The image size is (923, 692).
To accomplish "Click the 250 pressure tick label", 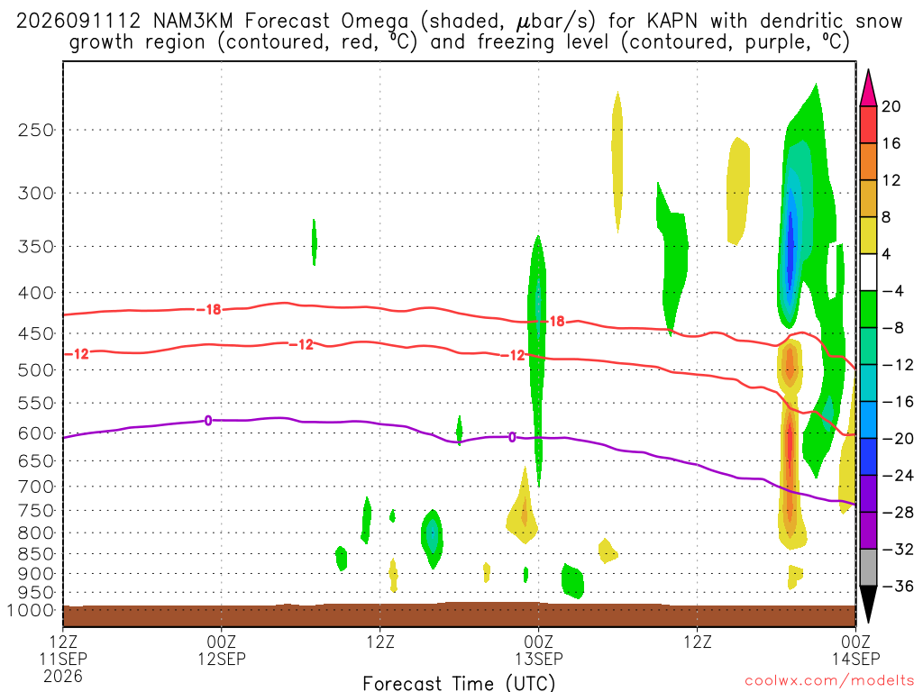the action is [x=35, y=130].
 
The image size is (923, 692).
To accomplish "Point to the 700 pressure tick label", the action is [x=35, y=487].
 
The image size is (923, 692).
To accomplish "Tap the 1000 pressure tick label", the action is [x=30, y=610].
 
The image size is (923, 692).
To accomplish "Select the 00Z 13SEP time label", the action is [x=539, y=650].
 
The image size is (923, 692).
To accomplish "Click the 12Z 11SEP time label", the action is [x=63, y=659].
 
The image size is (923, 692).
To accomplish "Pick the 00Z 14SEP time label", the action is [x=855, y=650].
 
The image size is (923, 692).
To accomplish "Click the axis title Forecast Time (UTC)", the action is [x=459, y=683].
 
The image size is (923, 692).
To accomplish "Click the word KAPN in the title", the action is [x=672, y=22].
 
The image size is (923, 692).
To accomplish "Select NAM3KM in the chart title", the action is [x=193, y=22].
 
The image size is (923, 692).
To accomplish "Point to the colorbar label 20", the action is [x=891, y=106].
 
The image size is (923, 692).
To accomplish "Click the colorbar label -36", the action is [x=898, y=586].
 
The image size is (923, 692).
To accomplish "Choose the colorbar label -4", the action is [x=892, y=291].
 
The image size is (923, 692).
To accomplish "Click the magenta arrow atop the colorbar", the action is [x=868, y=87].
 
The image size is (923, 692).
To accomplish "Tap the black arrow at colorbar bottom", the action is [x=868, y=605].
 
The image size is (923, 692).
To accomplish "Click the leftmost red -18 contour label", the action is [x=208, y=309].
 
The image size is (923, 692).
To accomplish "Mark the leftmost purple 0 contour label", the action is [x=208, y=420].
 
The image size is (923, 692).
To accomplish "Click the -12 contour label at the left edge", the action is [x=77, y=353].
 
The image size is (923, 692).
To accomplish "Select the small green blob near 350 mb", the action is [x=315, y=241].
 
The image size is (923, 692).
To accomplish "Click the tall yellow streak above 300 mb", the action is [x=617, y=162].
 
